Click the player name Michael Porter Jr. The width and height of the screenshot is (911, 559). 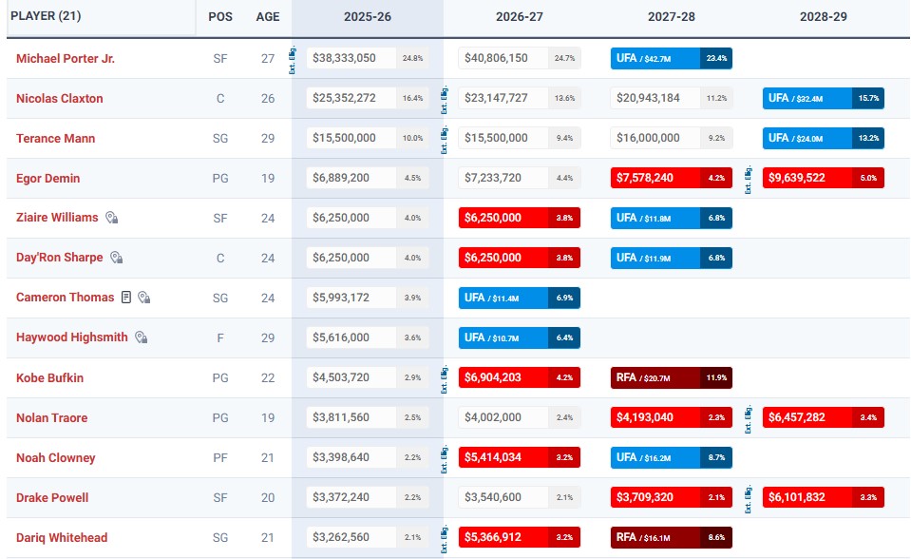coord(66,59)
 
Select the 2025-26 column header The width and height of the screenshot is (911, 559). coord(368,17)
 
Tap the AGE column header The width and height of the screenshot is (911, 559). coord(268,17)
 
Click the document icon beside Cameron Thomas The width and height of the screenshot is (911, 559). coord(126,298)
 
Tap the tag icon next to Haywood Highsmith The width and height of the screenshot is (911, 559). coord(141,337)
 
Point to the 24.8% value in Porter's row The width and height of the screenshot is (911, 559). coord(412,59)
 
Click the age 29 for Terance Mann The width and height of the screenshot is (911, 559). coord(268,139)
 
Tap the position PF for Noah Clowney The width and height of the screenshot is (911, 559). coord(220,457)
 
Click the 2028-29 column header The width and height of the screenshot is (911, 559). coord(824,17)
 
